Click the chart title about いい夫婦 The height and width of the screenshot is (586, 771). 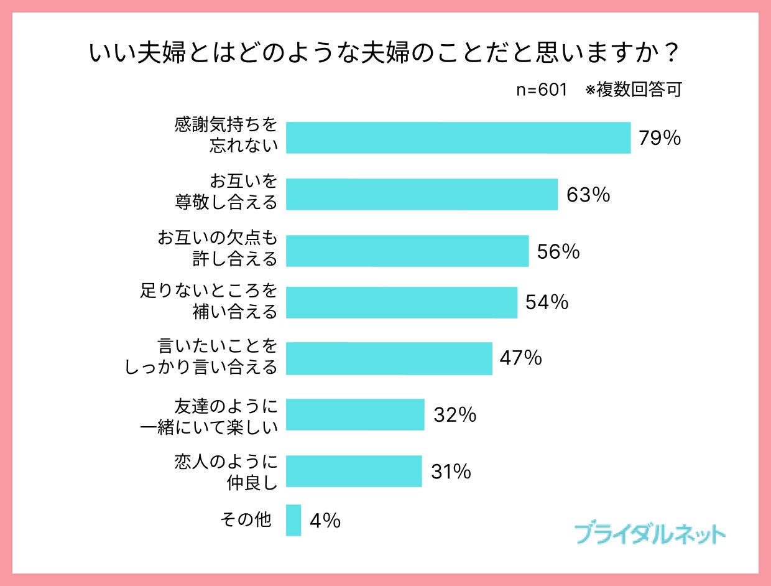coord(384,54)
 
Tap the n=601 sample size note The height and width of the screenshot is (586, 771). coord(542,90)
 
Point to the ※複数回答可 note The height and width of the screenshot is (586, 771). coord(634,90)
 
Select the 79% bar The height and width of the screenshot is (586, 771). coord(458,137)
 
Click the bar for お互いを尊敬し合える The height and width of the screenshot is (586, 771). coord(422,195)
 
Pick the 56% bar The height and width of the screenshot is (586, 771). coord(407,251)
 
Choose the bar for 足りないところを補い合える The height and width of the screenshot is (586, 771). coord(402,302)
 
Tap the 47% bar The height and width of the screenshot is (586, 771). coord(389,358)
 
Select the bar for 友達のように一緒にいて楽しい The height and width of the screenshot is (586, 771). coord(355,414)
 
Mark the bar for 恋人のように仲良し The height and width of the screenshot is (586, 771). coord(354,471)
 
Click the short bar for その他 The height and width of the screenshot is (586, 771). coord(293,520)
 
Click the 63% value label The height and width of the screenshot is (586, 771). coord(588,195)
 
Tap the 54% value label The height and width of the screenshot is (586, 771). coord(547,302)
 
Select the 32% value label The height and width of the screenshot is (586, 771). coord(455,414)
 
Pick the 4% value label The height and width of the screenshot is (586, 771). coord(325,520)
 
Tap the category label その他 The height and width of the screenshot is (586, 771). coord(246,519)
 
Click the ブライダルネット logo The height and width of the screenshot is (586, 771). coord(650,534)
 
